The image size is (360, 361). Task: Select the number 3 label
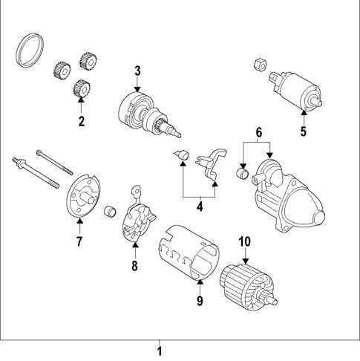(137, 71)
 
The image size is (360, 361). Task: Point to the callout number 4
(199, 205)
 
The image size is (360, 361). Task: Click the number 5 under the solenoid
(303, 132)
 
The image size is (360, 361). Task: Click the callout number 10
(244, 242)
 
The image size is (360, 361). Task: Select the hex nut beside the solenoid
(260, 64)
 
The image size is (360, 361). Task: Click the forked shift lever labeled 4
(213, 163)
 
